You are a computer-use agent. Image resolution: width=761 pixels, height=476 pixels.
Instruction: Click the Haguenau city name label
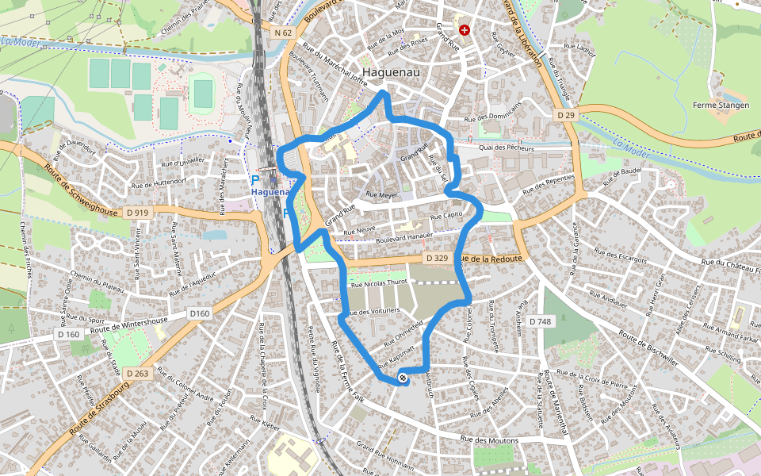coord(396,71)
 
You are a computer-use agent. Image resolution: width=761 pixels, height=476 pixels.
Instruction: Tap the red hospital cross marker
coord(465,30)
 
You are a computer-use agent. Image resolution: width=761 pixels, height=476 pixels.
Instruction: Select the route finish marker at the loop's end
coord(403,378)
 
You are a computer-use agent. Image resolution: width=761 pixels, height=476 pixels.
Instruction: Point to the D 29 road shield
coord(565,115)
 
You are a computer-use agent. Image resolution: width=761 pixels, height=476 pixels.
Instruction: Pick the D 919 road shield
coord(137,213)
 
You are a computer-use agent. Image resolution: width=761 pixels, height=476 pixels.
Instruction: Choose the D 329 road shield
coord(437,258)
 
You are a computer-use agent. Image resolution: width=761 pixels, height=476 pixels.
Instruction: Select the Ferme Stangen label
coord(720,105)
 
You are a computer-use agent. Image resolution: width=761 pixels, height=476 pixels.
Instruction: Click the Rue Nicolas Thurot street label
coord(378,282)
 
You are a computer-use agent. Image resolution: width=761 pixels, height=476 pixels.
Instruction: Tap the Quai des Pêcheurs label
coord(507,148)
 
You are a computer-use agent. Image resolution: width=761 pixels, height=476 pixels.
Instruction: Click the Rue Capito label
coord(446,216)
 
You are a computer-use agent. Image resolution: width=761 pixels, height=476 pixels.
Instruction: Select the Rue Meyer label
coord(381,194)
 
